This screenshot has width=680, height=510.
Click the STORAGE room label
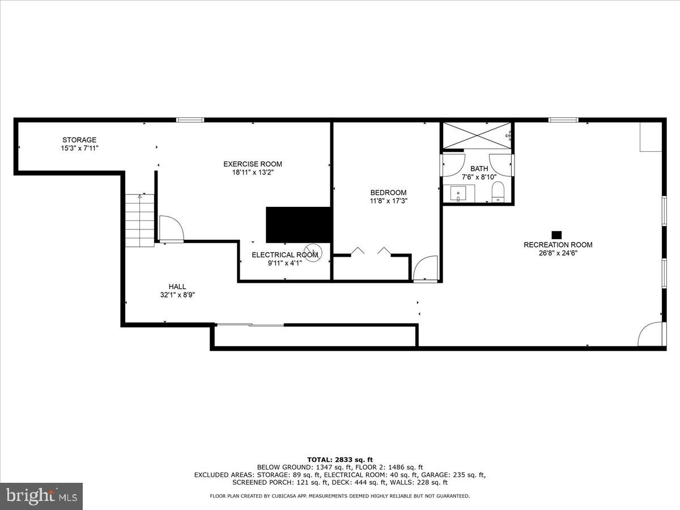point(79,140)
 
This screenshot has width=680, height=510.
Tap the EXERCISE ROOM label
point(252,164)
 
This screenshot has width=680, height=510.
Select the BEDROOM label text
point(388,193)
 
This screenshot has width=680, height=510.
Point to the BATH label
point(479,169)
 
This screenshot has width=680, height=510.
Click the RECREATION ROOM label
point(558,245)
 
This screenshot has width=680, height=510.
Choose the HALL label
point(177,287)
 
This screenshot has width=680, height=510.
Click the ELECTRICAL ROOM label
point(284,255)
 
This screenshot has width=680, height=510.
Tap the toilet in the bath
point(498,192)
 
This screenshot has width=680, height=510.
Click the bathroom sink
point(458,193)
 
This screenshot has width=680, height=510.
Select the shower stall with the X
point(476,135)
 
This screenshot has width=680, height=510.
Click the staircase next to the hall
point(140,220)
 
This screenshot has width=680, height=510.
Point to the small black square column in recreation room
point(556,235)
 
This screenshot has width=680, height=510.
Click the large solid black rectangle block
point(299,224)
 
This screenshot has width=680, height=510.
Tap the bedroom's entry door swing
point(426,269)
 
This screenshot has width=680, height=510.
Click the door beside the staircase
point(171,229)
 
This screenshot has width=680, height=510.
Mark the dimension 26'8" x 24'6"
point(558,253)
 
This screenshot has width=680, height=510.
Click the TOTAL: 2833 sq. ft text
point(339,460)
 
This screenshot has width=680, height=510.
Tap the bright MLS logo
point(41,496)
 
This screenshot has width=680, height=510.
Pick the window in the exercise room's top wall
point(190,120)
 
